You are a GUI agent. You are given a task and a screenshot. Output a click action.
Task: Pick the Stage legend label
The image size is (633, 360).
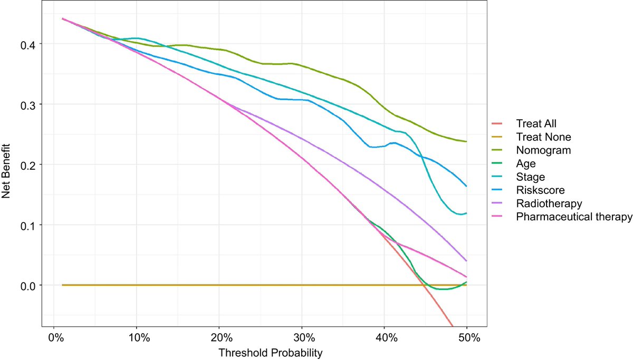click(530, 177)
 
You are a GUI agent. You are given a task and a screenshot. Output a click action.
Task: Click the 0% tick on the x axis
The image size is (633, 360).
click(54, 337)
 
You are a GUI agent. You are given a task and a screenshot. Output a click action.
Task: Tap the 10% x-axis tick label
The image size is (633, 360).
click(137, 337)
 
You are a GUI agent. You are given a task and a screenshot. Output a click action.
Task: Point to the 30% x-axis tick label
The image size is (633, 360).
click(302, 337)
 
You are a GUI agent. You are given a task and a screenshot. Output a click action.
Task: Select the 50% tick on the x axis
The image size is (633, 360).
click(467, 337)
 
